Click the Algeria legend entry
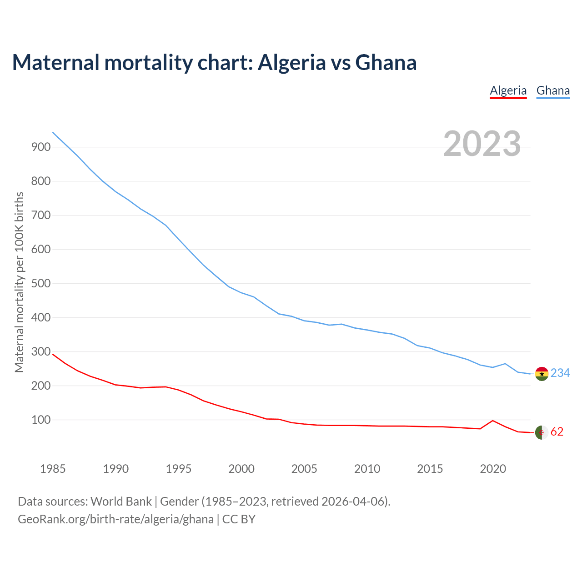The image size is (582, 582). (508, 91)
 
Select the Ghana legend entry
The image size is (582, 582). (553, 91)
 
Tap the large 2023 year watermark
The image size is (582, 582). (482, 144)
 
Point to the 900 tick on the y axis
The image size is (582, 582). (41, 147)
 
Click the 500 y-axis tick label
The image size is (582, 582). (41, 283)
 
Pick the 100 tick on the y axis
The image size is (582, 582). (41, 420)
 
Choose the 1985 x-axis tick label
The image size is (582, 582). (53, 469)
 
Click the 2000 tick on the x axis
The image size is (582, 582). (241, 469)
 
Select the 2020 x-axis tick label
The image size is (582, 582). (493, 469)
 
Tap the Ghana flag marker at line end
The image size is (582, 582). (542, 374)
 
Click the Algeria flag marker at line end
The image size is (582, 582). (542, 432)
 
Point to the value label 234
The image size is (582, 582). (560, 373)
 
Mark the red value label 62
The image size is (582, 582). (557, 432)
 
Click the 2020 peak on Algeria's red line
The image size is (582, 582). (493, 421)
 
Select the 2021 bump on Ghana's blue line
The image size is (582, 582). (505, 364)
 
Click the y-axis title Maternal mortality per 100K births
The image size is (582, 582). (19, 282)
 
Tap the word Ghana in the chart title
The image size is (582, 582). (386, 63)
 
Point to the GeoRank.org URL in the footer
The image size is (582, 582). (115, 519)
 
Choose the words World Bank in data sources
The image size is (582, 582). (121, 502)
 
